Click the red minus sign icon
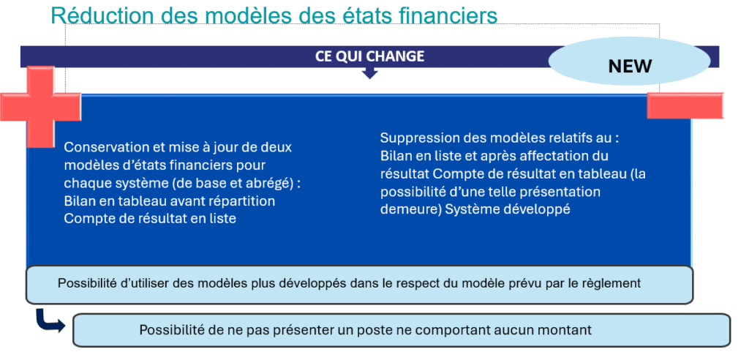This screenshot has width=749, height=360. pyautogui.click(x=685, y=105)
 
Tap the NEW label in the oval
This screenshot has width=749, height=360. pyautogui.click(x=630, y=66)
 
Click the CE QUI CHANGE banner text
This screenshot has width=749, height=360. pyautogui.click(x=369, y=56)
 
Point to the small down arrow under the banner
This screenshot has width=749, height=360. pyautogui.click(x=369, y=72)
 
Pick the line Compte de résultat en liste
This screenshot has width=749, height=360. pyautogui.click(x=150, y=219)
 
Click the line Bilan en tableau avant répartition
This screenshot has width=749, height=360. pyautogui.click(x=170, y=200)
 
